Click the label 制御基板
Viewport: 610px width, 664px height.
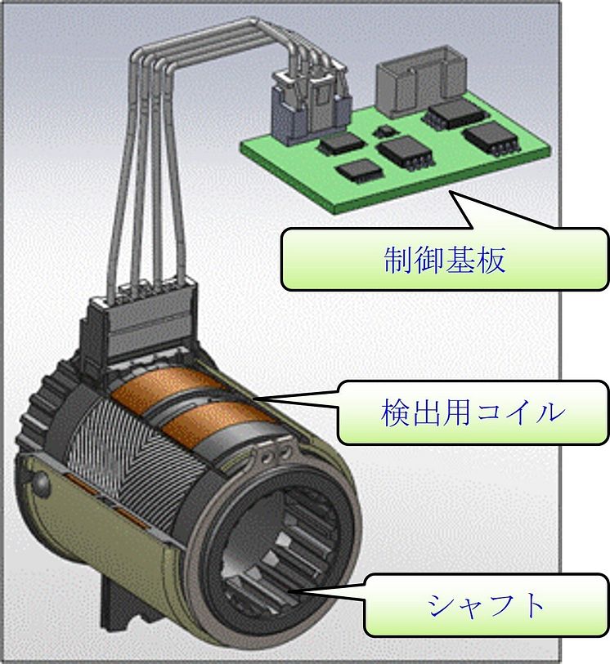[x=445, y=259]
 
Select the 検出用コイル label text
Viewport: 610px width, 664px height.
[x=473, y=412]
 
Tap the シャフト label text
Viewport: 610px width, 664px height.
[x=486, y=604]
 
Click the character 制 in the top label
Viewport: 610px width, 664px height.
[x=398, y=259]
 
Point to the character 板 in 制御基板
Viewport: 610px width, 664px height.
[x=491, y=259]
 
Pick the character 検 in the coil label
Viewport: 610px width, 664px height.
[x=396, y=412]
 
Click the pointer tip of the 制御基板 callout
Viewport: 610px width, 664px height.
[x=451, y=192]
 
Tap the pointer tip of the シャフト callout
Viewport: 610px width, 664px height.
[x=289, y=591]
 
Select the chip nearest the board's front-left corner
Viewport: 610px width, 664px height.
[x=359, y=170]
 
